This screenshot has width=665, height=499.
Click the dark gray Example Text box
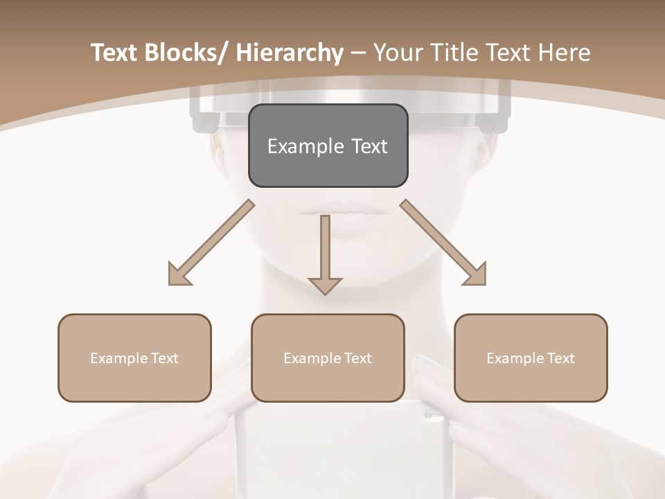point(328,146)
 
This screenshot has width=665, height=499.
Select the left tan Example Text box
point(134,358)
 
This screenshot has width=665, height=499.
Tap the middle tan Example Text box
point(328,358)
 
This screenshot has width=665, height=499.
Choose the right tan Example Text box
point(531,358)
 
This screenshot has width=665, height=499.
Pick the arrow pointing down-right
point(443,243)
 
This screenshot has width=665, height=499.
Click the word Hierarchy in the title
point(289,53)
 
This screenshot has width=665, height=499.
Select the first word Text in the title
point(113,53)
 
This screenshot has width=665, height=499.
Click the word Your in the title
point(398,53)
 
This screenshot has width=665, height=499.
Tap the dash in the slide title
point(358,53)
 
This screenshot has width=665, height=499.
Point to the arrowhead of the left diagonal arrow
point(179,274)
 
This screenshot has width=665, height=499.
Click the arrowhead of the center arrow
point(325,285)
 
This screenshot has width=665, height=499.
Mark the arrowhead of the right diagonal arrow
point(475,274)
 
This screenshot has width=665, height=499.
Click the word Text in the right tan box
point(560,358)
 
